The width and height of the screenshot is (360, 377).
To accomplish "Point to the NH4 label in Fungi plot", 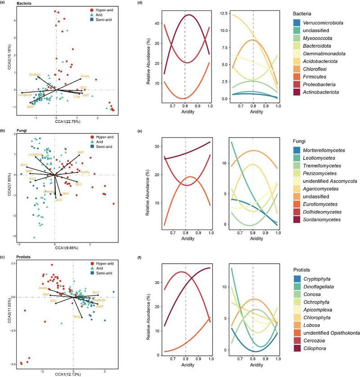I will point(65,193).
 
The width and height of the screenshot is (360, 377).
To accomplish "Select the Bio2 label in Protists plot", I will point(77,317).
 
